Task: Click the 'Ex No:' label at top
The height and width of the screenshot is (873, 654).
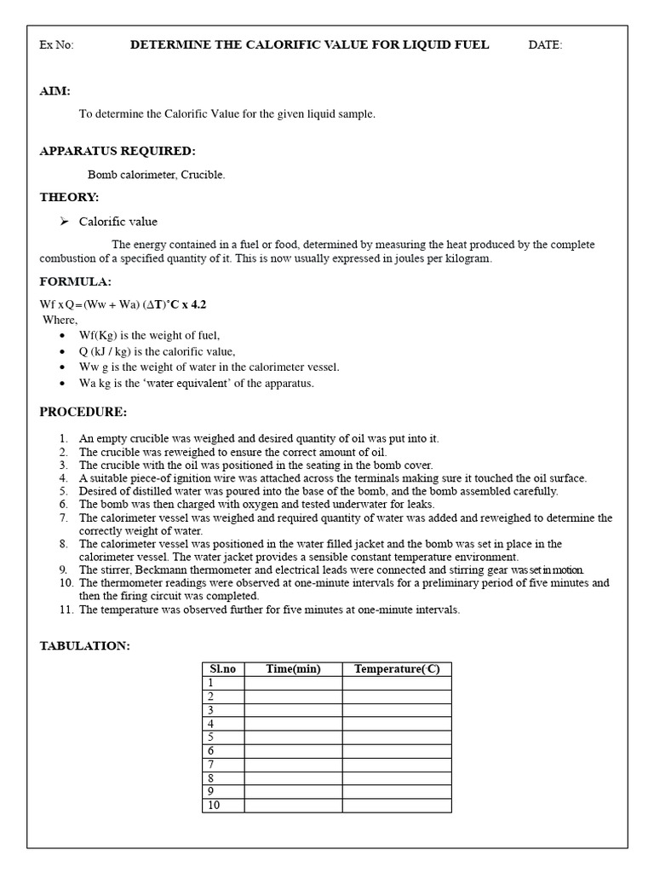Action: click(57, 45)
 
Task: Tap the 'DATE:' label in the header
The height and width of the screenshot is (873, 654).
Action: click(545, 45)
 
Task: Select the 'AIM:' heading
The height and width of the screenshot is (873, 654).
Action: click(55, 91)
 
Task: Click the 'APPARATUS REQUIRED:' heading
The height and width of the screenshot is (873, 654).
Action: click(118, 151)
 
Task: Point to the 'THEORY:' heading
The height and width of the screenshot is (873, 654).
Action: click(70, 197)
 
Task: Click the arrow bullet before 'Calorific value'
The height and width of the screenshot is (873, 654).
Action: click(64, 222)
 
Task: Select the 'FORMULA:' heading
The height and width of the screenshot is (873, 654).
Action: click(76, 281)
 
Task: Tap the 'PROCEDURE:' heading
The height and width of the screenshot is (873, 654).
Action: click(83, 413)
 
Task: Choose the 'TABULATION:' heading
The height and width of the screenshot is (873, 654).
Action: click(85, 646)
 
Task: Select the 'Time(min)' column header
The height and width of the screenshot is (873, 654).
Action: click(293, 669)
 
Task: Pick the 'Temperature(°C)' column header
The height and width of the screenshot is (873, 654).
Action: click(397, 669)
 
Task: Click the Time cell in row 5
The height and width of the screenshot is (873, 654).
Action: click(293, 737)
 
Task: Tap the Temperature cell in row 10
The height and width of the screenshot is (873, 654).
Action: click(397, 805)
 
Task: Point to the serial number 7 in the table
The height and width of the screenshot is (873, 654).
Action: click(210, 765)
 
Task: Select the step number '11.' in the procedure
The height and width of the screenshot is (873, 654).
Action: click(66, 610)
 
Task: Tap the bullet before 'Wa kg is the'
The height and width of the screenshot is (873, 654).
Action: click(63, 383)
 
